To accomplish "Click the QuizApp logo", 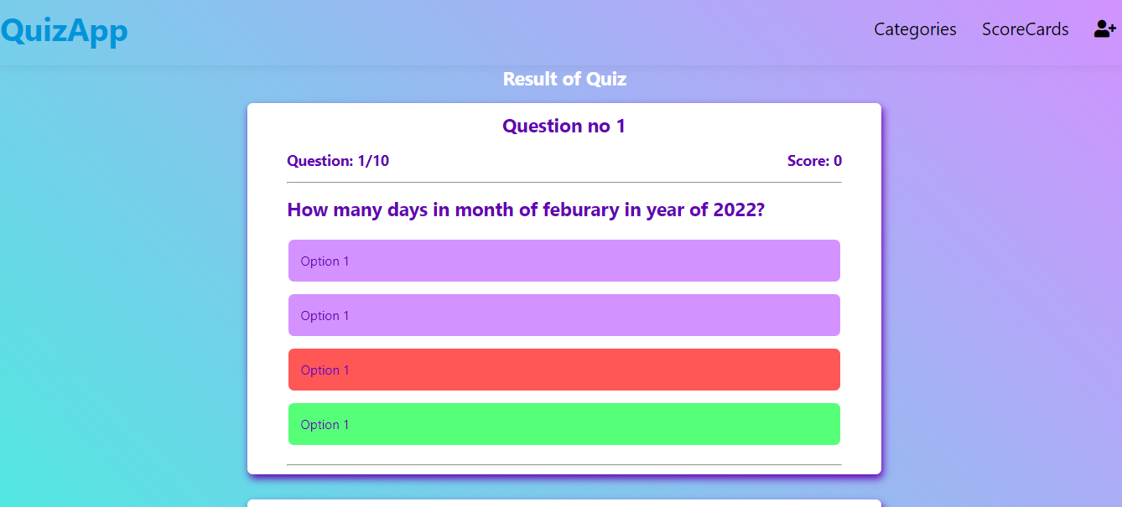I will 64,30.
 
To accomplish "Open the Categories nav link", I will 915,29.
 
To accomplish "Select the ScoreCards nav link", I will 1025,29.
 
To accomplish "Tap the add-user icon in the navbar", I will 1104,28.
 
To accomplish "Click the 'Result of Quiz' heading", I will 564,79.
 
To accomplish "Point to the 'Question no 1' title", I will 564,126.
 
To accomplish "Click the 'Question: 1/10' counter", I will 338,161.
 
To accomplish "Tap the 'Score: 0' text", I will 814,161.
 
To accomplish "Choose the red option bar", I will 564,370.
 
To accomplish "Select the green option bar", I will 564,424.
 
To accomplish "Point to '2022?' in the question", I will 739,210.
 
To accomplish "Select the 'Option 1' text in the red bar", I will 325,370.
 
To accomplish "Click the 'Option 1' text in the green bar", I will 325,425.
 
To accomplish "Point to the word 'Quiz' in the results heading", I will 606,79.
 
